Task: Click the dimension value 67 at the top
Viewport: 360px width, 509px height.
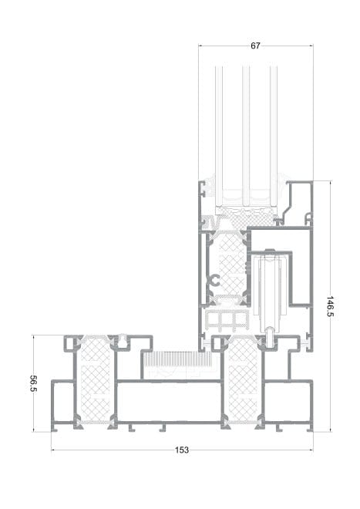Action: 255,46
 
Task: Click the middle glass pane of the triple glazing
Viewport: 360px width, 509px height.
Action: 246,131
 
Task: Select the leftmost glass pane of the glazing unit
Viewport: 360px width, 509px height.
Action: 217,131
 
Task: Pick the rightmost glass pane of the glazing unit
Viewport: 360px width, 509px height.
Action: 274,131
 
